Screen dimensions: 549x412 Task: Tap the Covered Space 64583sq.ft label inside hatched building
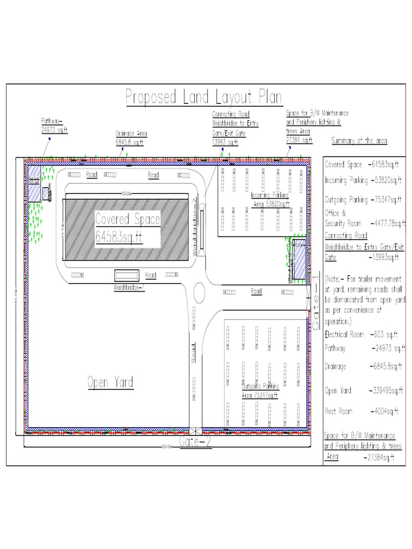(x=120, y=228)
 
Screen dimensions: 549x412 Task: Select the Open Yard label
(x=110, y=382)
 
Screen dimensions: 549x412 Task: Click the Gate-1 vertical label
(x=316, y=308)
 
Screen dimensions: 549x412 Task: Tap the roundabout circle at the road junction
(x=198, y=293)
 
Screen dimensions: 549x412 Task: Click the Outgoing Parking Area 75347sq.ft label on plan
(x=260, y=391)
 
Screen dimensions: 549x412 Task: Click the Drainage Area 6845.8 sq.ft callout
(x=131, y=138)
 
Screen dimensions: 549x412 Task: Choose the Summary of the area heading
(x=359, y=140)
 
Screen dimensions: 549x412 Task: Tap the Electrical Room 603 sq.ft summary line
(x=360, y=334)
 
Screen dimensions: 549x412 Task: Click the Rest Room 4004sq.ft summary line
(x=360, y=411)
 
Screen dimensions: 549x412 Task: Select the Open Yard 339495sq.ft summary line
(x=363, y=390)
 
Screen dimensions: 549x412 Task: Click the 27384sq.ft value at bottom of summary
(x=379, y=457)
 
